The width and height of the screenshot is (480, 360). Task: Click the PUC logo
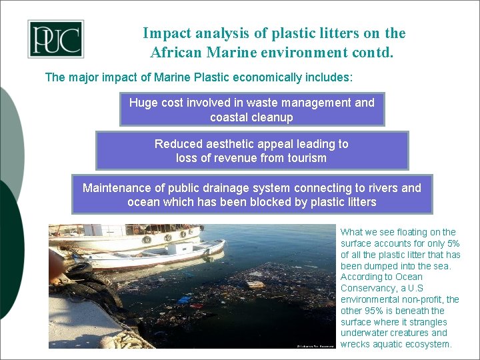(x=55, y=39)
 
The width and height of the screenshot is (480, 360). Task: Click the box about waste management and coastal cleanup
(x=251, y=110)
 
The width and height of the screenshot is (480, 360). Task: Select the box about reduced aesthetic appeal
(x=251, y=151)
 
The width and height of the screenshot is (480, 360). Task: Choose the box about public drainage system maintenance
(x=251, y=195)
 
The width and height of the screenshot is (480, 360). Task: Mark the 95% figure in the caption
(x=373, y=311)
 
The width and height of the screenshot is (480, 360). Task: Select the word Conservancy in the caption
(x=368, y=288)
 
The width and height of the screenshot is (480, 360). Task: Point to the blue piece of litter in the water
(x=185, y=299)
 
